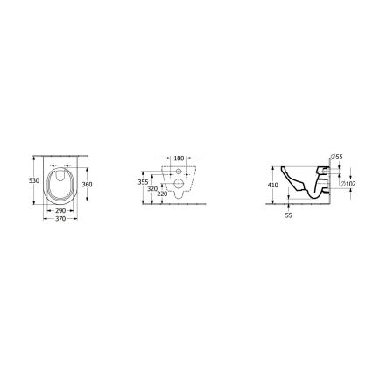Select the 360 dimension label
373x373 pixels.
88,185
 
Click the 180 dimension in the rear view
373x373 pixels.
179,159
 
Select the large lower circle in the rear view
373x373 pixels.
181,185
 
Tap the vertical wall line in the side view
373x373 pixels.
327,184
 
